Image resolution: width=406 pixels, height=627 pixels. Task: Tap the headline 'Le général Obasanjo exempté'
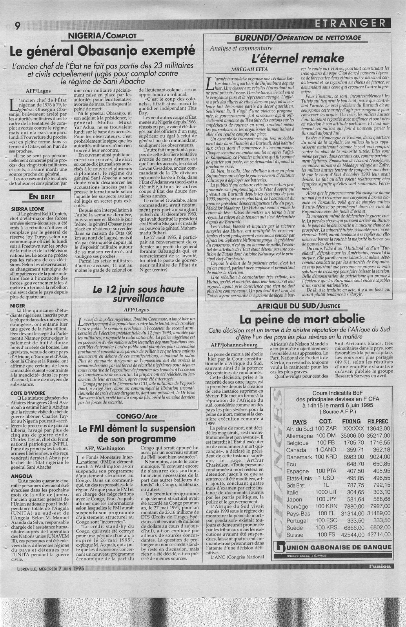104,51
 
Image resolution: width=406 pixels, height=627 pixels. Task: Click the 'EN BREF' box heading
41,197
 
